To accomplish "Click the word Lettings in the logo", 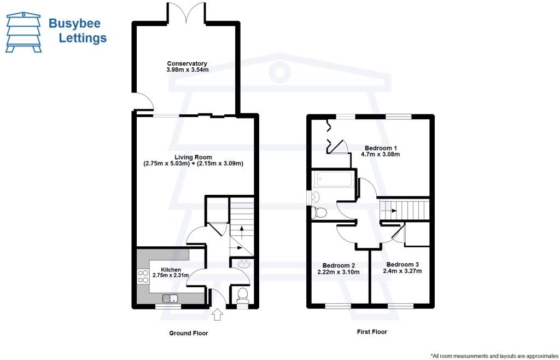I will click(x=82, y=38).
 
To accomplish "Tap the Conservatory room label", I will click(x=187, y=63).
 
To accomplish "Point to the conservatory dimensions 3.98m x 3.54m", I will click(x=187, y=71).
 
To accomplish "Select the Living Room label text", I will click(x=193, y=157).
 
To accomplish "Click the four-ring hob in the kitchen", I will click(x=143, y=276).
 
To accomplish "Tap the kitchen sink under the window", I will click(x=172, y=298).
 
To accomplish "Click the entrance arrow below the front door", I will click(x=217, y=314).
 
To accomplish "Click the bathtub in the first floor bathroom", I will click(x=332, y=179).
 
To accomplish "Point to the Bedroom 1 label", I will click(x=381, y=148).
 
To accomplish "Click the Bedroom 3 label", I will click(x=402, y=264).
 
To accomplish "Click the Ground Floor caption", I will click(x=188, y=333).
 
